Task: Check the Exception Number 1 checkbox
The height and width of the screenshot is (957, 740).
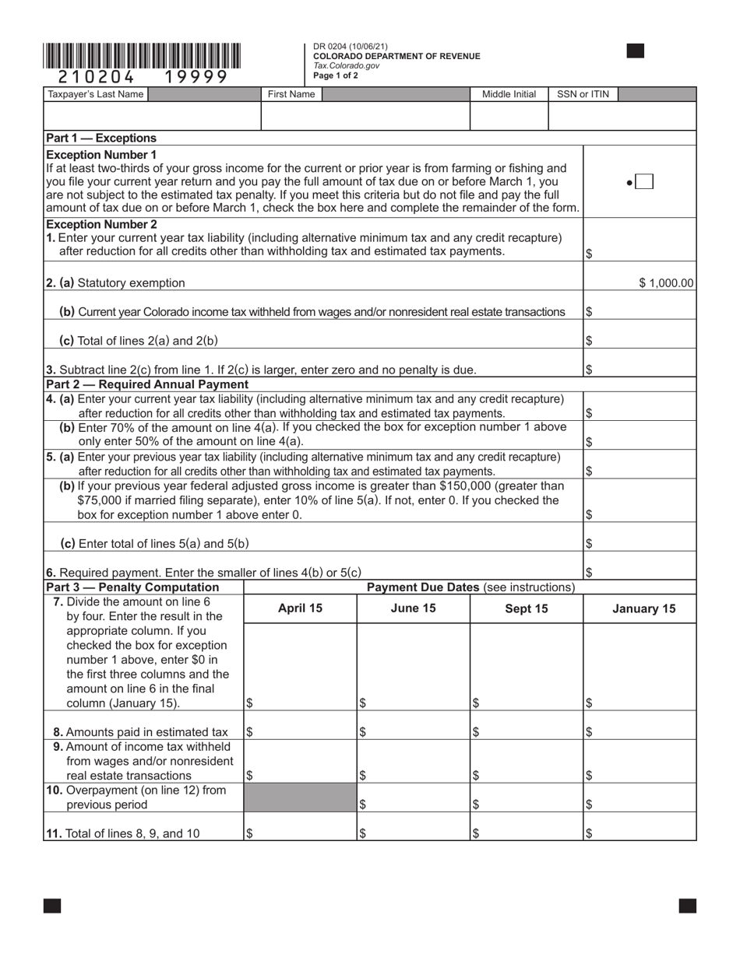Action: click(643, 182)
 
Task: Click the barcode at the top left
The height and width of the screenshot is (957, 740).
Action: click(142, 56)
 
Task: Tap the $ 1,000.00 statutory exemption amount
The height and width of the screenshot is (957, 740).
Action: click(665, 283)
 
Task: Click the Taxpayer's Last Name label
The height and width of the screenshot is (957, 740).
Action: click(96, 94)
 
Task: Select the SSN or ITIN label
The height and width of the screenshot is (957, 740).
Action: click(583, 94)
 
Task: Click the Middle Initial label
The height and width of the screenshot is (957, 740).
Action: click(509, 94)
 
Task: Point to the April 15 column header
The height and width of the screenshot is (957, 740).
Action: click(300, 608)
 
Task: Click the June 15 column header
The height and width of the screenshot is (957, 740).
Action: click(413, 608)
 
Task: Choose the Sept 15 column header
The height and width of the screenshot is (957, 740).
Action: click(527, 608)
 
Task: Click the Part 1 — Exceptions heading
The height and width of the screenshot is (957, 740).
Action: click(101, 138)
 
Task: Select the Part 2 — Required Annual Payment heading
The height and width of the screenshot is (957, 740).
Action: click(147, 384)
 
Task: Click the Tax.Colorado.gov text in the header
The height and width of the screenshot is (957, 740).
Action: click(346, 66)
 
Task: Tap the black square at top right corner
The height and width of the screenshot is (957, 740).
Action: click(636, 51)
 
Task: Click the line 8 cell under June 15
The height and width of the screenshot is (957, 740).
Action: click(413, 731)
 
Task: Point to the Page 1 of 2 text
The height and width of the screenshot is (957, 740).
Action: click(336, 76)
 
